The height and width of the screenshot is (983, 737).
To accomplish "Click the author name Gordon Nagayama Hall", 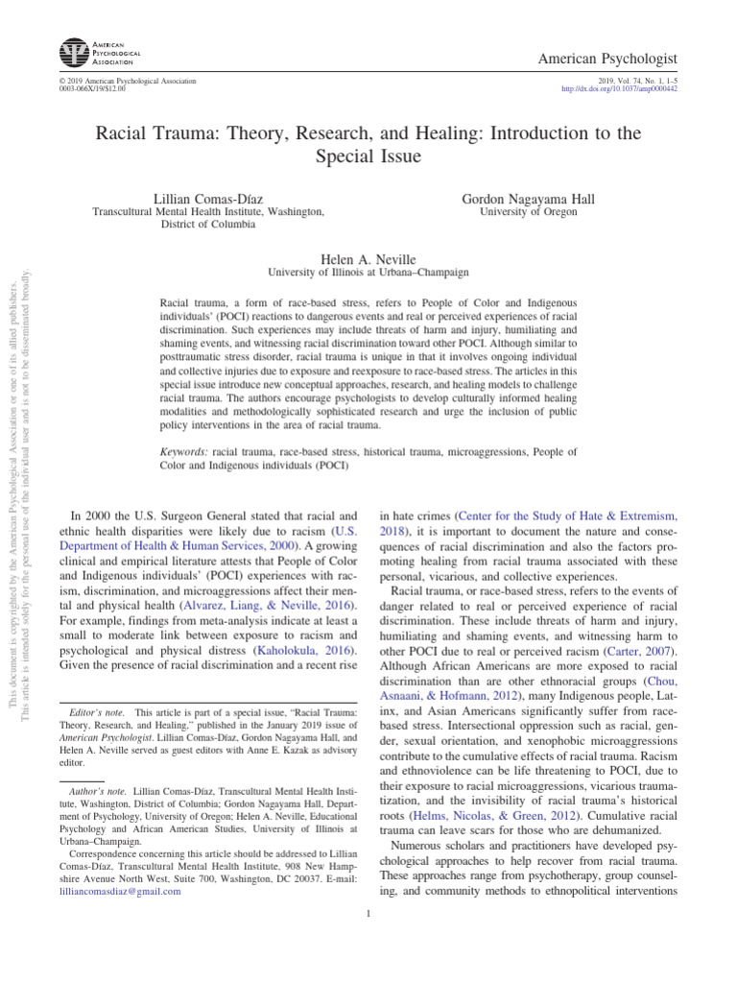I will [529, 199].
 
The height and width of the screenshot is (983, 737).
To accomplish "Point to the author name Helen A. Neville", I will [368, 259].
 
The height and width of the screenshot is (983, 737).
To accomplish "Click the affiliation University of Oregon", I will [529, 212].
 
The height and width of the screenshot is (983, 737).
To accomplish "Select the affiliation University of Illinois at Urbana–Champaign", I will [368, 273].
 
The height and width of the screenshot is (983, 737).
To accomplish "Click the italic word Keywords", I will [183, 450].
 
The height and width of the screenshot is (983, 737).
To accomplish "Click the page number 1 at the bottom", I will [368, 913].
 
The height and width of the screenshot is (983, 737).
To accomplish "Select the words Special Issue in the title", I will [368, 155].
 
